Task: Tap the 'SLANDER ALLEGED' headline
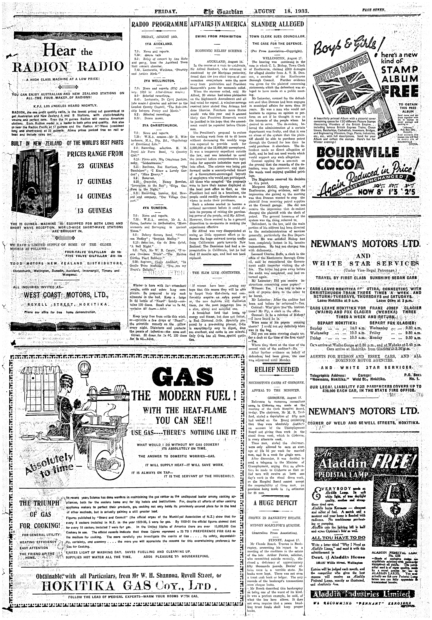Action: tap(277, 24)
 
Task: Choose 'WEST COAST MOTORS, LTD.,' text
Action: tap(66, 295)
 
